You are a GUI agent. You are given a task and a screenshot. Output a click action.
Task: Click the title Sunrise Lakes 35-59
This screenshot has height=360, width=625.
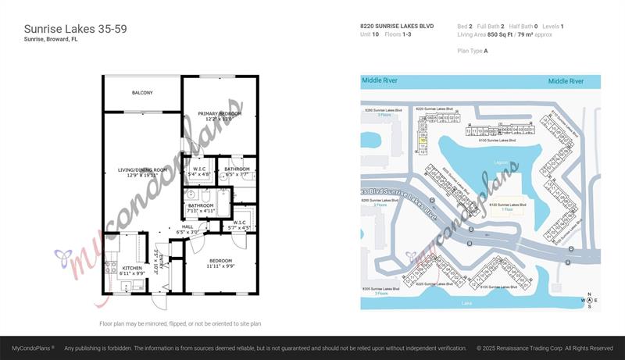tap(75, 29)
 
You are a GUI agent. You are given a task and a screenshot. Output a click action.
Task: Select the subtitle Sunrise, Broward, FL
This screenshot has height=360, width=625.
tap(50, 39)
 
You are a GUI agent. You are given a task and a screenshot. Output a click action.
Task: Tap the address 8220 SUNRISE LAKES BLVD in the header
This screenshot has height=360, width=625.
tap(396, 27)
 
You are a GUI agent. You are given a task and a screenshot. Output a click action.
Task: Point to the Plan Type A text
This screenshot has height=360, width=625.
tap(472, 51)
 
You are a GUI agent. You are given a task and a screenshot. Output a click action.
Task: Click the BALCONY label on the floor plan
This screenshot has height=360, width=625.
tap(142, 93)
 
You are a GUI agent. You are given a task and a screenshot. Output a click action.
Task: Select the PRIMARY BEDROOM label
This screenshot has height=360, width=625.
tap(220, 114)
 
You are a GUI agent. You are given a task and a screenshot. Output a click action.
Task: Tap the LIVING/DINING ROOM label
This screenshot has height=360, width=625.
tap(143, 170)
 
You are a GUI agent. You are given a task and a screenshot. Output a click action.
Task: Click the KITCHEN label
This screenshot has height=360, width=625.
tap(132, 269)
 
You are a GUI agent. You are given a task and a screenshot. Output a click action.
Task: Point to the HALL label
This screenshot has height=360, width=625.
tap(187, 226)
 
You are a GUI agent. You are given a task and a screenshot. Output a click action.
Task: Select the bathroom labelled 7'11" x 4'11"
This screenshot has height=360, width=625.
tap(201, 206)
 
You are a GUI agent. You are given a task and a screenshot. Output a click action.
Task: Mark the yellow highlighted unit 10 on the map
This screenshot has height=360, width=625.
tap(423, 141)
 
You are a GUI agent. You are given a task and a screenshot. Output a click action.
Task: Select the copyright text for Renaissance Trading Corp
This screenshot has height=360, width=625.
tap(545, 348)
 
